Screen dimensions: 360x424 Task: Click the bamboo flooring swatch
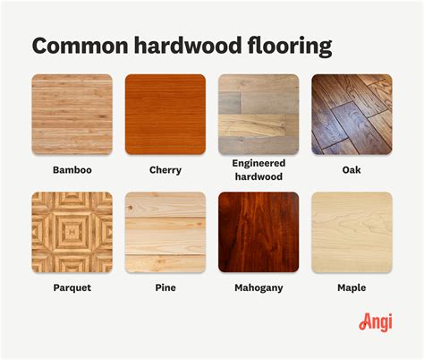72,115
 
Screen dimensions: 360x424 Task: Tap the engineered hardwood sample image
259,115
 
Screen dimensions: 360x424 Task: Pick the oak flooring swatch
352,115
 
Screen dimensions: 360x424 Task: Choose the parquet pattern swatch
72,232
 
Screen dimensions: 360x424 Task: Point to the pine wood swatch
165,232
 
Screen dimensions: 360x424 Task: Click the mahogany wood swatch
259,232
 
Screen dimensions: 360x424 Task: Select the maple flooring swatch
352,232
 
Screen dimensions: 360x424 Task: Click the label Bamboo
72,168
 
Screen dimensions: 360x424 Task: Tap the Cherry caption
165,168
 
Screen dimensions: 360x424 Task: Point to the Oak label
352,168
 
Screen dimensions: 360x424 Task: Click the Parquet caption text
72,288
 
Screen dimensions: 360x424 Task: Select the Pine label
165,288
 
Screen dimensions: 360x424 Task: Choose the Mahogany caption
259,288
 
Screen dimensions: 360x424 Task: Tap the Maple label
352,288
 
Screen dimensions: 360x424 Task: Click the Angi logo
376,321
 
